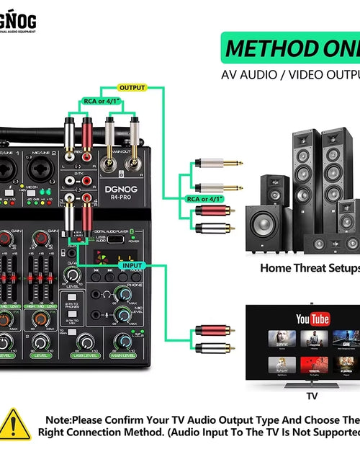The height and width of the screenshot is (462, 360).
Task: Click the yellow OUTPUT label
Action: [131, 88]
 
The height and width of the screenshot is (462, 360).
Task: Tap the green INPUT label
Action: [133, 265]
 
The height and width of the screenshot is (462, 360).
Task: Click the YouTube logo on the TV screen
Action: [312, 319]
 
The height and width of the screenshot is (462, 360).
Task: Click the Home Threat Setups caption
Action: [310, 267]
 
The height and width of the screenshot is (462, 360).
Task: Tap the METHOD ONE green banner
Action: [290, 49]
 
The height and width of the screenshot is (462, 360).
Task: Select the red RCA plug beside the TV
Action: [212, 332]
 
